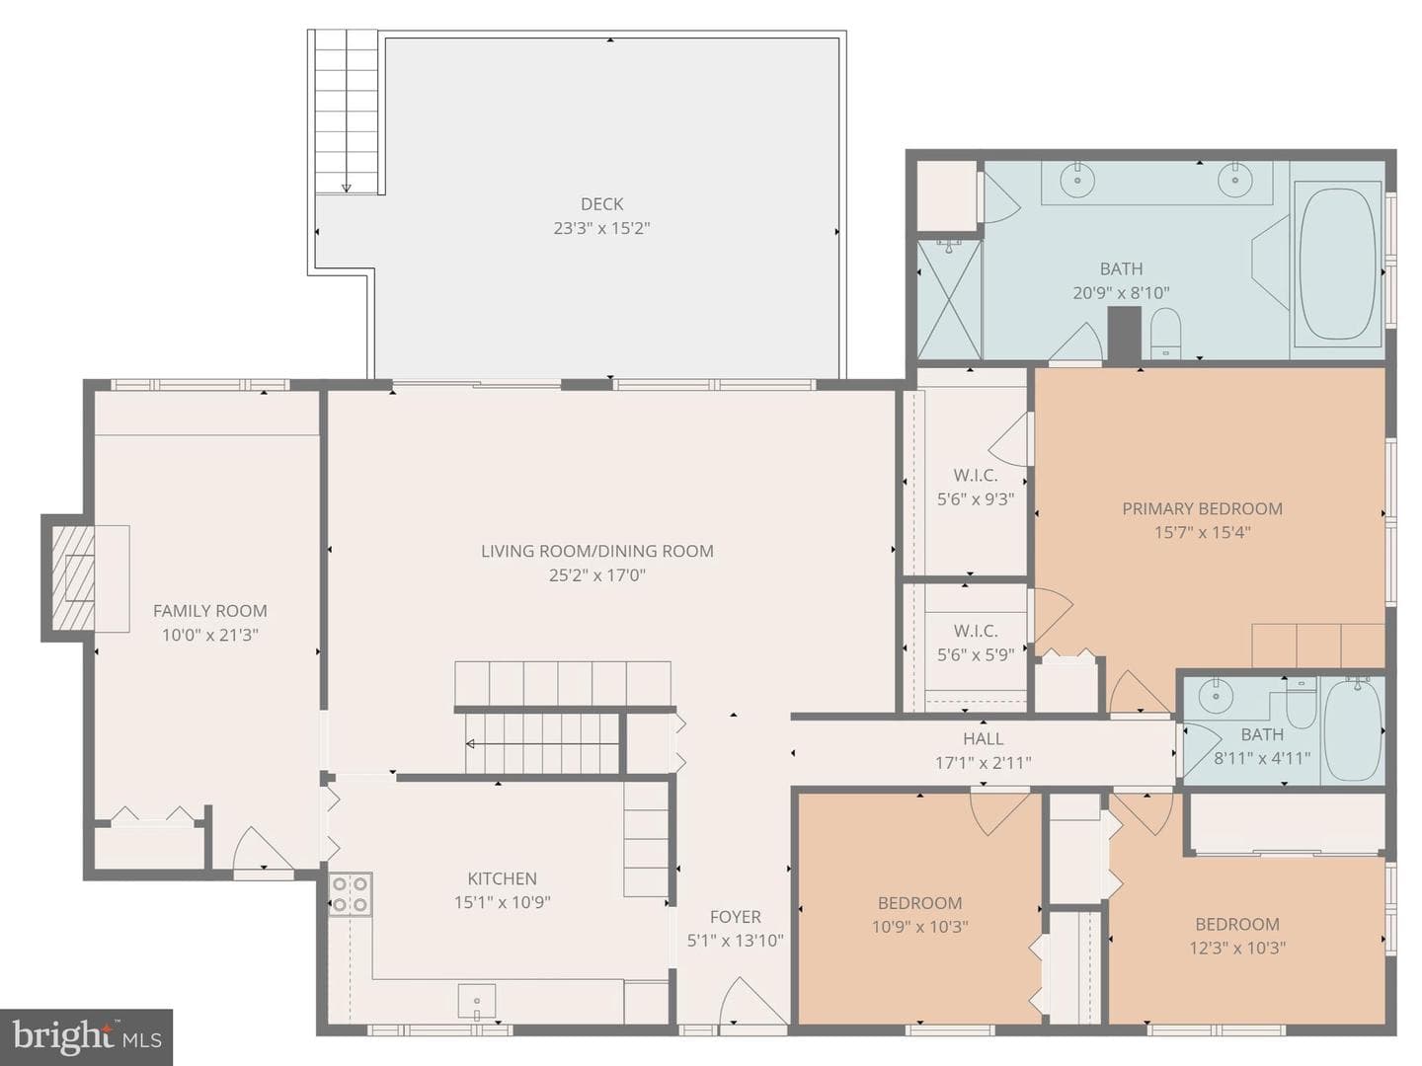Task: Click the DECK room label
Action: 601,204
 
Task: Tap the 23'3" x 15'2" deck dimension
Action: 601,228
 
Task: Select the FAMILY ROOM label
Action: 210,611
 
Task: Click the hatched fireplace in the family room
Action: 73,578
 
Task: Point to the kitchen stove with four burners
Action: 350,894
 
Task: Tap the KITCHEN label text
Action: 502,878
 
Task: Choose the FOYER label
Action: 736,917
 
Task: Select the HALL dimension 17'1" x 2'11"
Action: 983,763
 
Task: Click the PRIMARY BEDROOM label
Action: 1203,508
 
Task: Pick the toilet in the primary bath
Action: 1165,333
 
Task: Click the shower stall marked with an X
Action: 949,299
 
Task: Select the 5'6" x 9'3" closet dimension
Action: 976,499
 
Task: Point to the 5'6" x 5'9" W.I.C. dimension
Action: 976,655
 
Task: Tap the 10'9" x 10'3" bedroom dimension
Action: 920,927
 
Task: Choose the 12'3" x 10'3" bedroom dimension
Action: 1237,949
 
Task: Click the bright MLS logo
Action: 86,1036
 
